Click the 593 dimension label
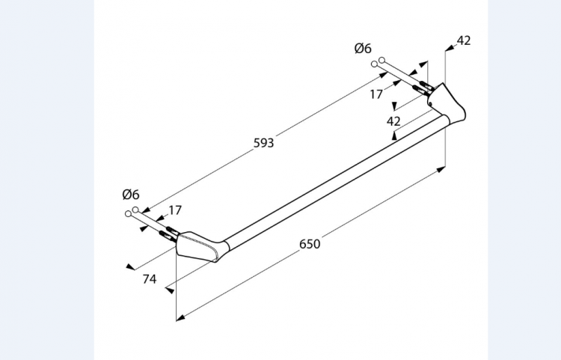263,142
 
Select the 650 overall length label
310,244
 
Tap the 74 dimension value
149,279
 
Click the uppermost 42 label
464,40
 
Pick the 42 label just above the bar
394,120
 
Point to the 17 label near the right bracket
376,94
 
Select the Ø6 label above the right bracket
363,49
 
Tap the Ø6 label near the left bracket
132,194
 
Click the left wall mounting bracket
200,247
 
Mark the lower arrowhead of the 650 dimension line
180,317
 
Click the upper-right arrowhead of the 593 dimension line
373,67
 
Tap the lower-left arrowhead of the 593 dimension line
144,211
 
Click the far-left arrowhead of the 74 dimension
130,266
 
